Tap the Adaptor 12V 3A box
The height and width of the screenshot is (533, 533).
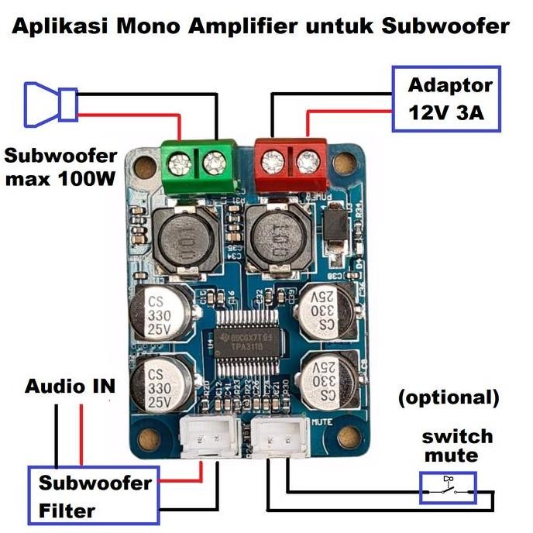(446, 99)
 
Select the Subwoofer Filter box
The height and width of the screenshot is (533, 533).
(94, 496)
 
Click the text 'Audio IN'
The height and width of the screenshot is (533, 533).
(70, 386)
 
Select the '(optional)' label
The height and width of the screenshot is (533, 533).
(449, 397)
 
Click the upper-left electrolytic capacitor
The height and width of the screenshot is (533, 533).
(158, 313)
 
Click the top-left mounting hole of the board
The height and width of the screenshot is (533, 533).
(143, 166)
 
